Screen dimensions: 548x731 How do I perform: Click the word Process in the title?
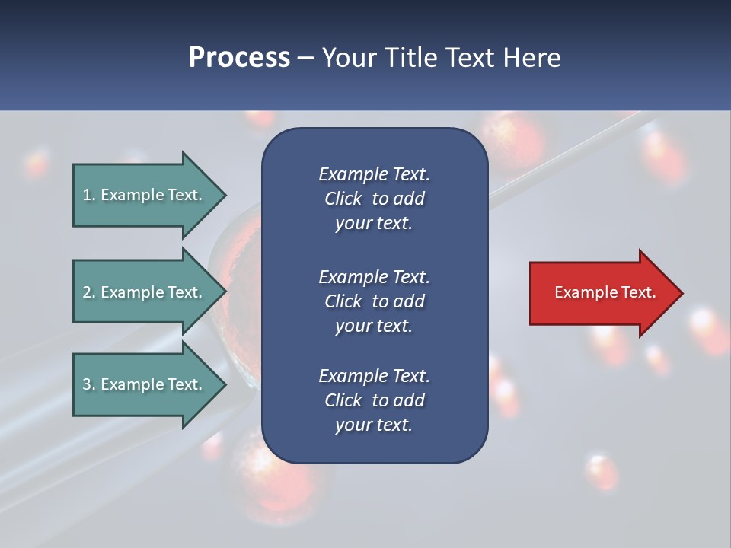tap(239, 57)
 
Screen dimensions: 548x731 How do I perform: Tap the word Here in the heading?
tap(532, 57)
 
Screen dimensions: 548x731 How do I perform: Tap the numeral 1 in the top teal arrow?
tap(86, 195)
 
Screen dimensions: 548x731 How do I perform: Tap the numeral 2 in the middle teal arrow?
tap(87, 292)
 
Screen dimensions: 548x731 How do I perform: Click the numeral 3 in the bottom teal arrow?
tap(87, 384)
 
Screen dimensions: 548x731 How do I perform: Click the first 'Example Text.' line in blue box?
tap(374, 174)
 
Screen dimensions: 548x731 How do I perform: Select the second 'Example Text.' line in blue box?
tap(374, 276)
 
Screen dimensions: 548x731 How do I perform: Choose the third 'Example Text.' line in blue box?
tap(374, 376)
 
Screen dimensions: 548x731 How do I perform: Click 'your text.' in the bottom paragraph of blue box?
tap(374, 425)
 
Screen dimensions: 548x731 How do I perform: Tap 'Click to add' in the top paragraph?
tap(374, 199)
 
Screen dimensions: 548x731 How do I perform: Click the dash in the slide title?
tap(305, 58)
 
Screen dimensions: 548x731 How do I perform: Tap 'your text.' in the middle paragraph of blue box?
tap(374, 326)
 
